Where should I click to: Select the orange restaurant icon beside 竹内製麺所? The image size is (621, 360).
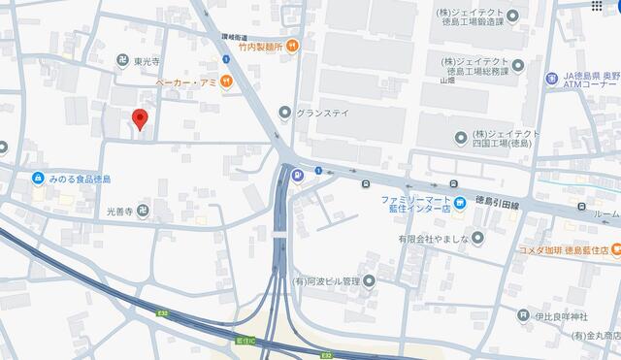coord(292,45)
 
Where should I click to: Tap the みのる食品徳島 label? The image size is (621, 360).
coord(79,179)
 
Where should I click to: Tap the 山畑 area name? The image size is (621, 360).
coord(446,82)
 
